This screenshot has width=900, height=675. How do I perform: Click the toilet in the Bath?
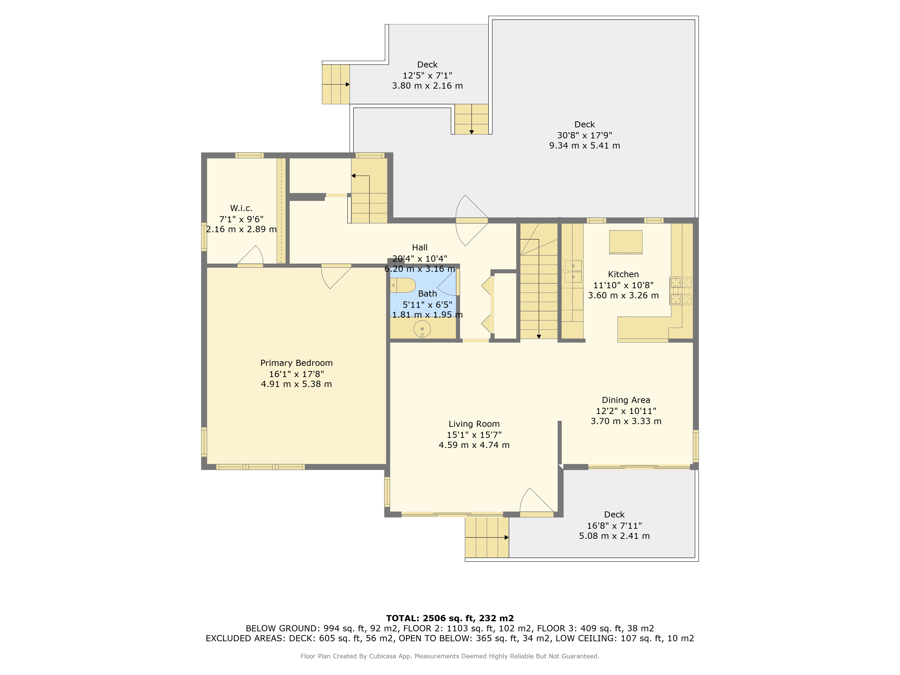click(x=403, y=285)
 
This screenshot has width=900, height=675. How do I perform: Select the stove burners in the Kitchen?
click(x=681, y=290)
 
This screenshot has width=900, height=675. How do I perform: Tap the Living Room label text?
click(x=474, y=424)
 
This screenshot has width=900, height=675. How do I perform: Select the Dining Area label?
click(x=626, y=400)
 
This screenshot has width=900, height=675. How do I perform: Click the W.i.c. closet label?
click(x=241, y=208)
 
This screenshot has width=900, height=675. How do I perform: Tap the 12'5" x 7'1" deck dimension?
click(x=427, y=75)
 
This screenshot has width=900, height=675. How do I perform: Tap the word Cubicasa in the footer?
click(x=382, y=656)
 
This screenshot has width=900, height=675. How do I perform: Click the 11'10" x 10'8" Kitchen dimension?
click(x=623, y=285)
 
